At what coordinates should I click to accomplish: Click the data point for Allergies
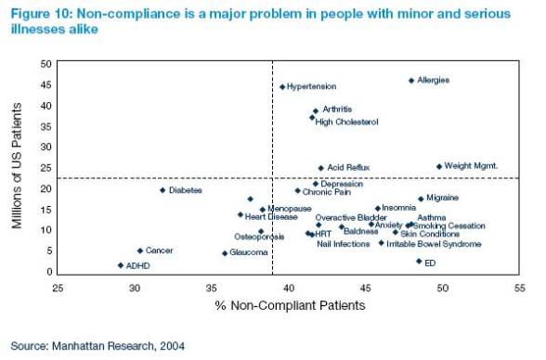[411, 81]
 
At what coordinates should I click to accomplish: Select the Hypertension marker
[282, 87]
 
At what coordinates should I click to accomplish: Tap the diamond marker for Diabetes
[162, 190]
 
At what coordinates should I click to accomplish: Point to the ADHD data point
[120, 265]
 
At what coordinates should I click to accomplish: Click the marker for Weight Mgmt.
[439, 167]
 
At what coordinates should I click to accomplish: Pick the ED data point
[419, 262]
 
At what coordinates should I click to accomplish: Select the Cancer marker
[140, 251]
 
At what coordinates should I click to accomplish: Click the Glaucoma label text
[249, 252]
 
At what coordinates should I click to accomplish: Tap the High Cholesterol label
[347, 122]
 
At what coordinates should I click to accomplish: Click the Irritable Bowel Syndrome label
[434, 244]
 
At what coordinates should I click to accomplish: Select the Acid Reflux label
[348, 168]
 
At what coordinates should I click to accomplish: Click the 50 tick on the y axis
[45, 64]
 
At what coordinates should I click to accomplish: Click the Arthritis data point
[315, 111]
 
